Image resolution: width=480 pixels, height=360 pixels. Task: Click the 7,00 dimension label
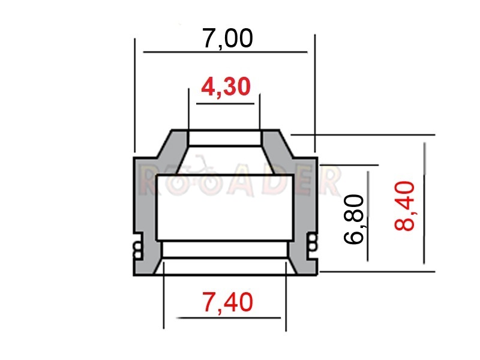pyautogui.click(x=228, y=39)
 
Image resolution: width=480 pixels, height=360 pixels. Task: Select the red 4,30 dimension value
pyautogui.click(x=226, y=86)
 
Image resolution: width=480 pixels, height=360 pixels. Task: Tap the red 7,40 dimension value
pyautogui.click(x=228, y=302)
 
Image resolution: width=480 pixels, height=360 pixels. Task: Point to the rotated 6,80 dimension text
pyautogui.click(x=354, y=219)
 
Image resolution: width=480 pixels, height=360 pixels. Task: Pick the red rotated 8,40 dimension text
pyautogui.click(x=404, y=205)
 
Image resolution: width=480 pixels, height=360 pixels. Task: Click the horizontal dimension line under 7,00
pyautogui.click(x=226, y=52)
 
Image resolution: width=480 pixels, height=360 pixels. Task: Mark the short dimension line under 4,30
pyautogui.click(x=226, y=104)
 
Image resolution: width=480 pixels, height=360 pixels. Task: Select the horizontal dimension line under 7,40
pyautogui.click(x=229, y=318)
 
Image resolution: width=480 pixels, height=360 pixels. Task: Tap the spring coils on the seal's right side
pyautogui.click(x=312, y=242)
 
